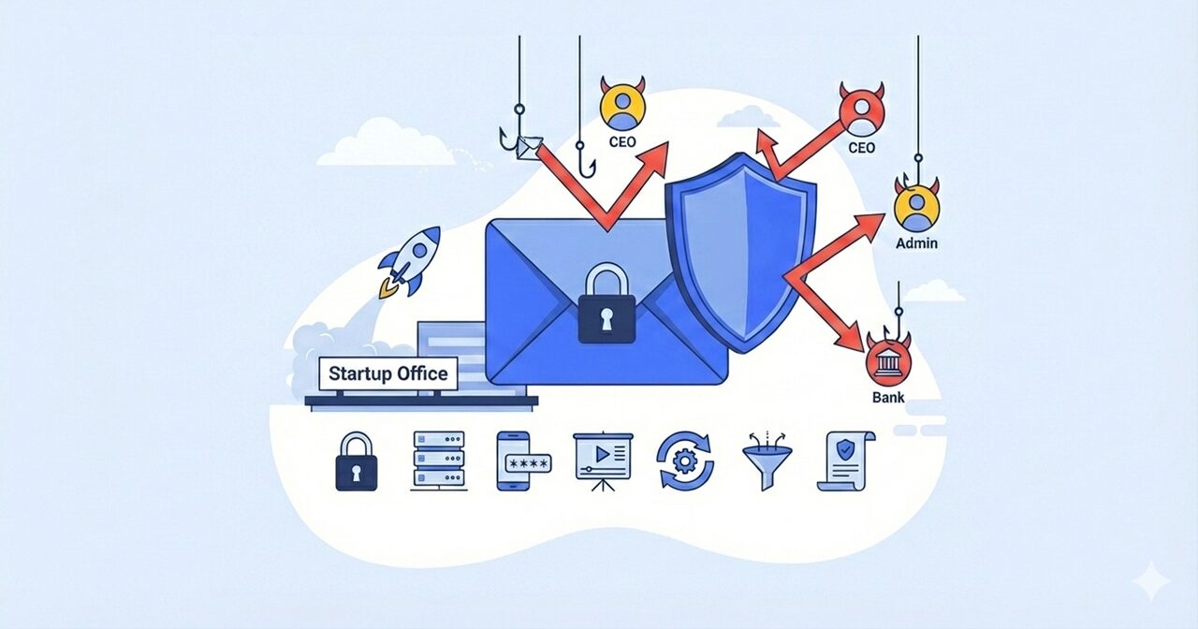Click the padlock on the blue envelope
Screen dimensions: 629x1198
tap(606, 305)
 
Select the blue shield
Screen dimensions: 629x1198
tap(738, 253)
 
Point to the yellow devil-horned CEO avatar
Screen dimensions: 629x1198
tap(619, 104)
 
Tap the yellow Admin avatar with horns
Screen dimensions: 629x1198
tap(915, 207)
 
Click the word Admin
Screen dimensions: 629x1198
tap(916, 243)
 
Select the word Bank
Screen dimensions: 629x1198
tap(888, 398)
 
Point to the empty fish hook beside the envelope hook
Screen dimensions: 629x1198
tap(585, 161)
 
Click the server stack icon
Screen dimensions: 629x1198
tap(439, 461)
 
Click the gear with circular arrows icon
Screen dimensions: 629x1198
tap(685, 461)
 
